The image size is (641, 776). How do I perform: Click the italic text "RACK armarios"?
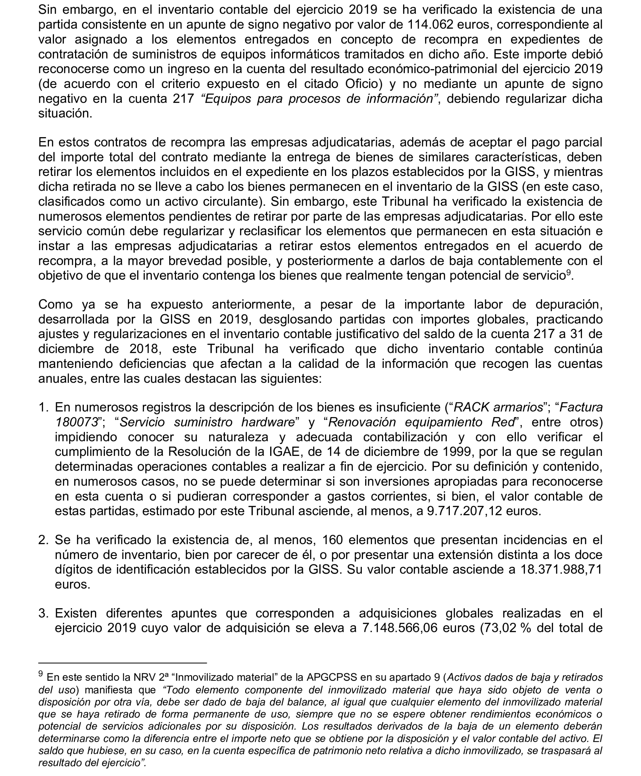point(498,407)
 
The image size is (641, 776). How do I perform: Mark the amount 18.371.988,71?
point(561,570)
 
